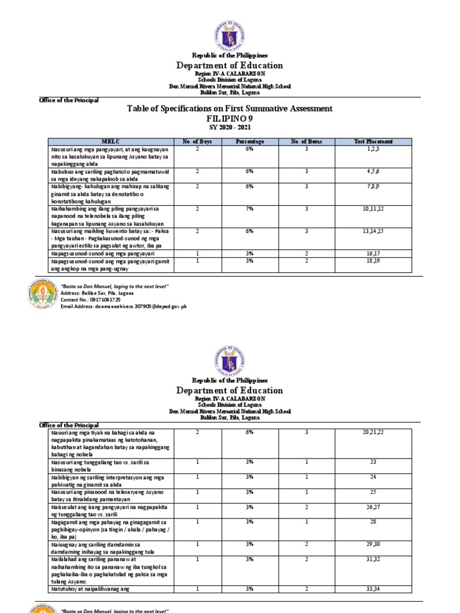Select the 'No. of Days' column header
[196, 141]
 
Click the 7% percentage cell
[249, 208]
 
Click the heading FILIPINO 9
[229, 119]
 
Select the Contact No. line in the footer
[90, 300]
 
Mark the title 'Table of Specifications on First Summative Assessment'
[229, 108]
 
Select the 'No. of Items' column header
[306, 141]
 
